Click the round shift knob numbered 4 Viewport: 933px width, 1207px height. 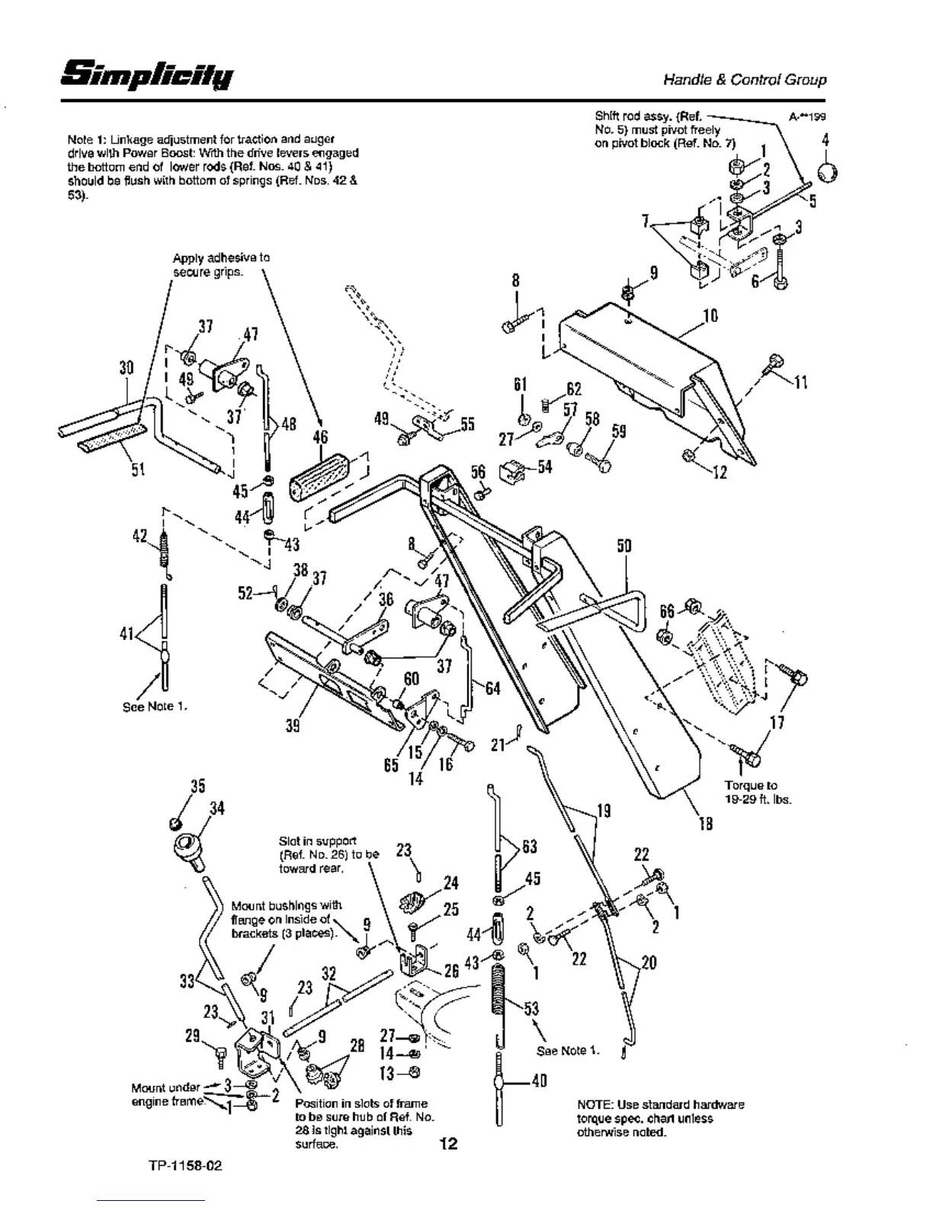coord(826,173)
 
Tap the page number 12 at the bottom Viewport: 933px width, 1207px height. coord(448,1143)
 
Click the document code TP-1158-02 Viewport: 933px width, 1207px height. coord(187,1166)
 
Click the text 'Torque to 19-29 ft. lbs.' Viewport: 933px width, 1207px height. coord(751,792)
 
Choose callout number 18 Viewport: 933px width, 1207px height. coord(705,824)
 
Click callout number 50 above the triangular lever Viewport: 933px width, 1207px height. coord(624,546)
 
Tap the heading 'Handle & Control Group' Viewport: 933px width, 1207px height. coord(744,79)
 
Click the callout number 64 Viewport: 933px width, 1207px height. coord(492,688)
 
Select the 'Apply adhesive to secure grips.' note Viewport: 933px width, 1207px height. coord(221,264)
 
